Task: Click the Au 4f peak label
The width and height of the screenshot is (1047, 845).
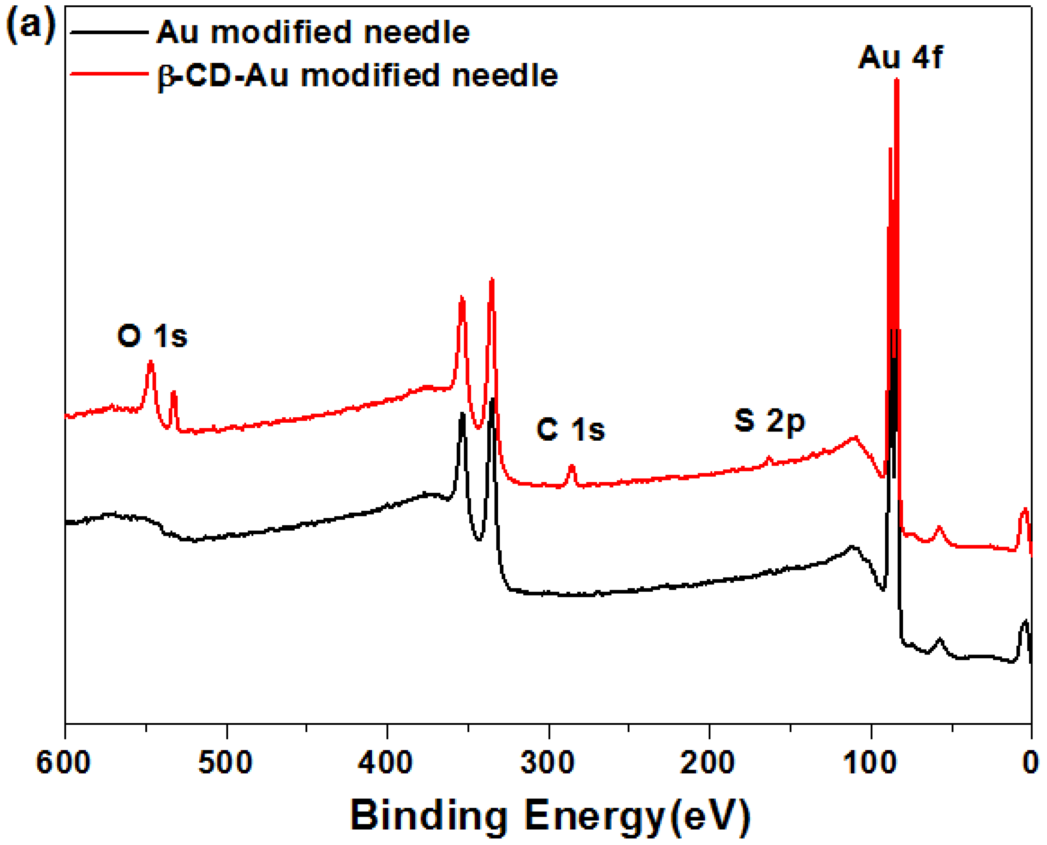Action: tap(900, 58)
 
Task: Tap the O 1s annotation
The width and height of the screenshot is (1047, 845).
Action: tap(152, 336)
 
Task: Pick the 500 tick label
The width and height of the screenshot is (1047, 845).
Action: tap(226, 762)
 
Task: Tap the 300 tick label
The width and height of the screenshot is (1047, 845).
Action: tap(548, 762)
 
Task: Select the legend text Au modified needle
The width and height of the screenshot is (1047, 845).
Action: tap(313, 32)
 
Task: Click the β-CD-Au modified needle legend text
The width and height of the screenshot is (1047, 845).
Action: tap(358, 76)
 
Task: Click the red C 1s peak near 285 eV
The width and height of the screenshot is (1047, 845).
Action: tap(572, 467)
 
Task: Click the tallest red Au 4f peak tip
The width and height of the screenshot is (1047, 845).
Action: tap(897, 80)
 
